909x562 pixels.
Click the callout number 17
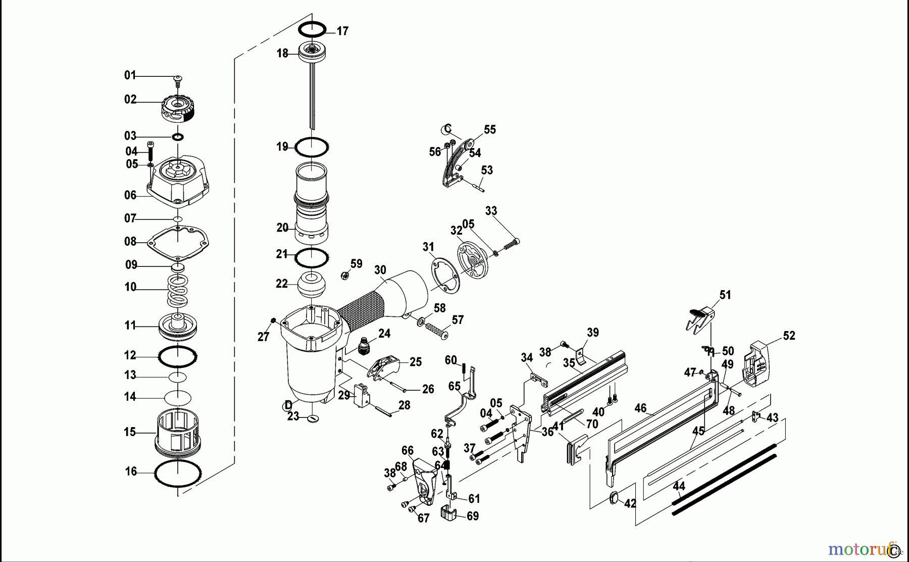pyautogui.click(x=342, y=31)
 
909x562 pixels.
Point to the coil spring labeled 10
pyautogui.click(x=178, y=290)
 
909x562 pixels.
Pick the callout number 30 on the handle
pyautogui.click(x=380, y=270)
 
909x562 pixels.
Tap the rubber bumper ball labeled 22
pyautogui.click(x=312, y=286)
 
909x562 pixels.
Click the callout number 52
pyautogui.click(x=789, y=336)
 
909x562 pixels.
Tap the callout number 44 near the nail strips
pyautogui.click(x=679, y=486)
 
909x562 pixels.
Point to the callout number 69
pyautogui.click(x=473, y=516)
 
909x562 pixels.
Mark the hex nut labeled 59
pyautogui.click(x=343, y=276)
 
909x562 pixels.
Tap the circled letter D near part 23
pyautogui.click(x=288, y=405)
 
